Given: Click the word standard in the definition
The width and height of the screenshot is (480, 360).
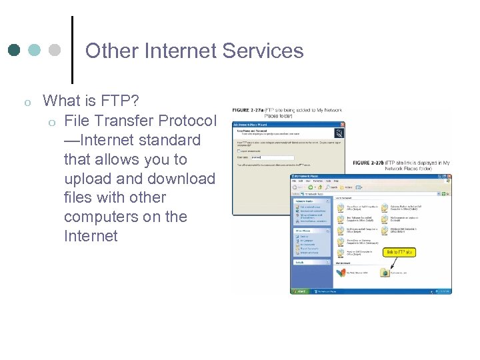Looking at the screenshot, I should coord(170,140).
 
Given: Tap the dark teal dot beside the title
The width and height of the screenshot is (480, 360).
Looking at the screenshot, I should coord(15,50).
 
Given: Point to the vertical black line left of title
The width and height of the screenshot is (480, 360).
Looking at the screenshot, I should coord(71,45).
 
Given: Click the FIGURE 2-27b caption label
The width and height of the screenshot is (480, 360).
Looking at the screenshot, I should coord(368,163).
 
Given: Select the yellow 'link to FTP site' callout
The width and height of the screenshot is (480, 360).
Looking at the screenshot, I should coord(401,252).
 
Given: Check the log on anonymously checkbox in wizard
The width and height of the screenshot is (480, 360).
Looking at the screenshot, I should coord(239,151).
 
